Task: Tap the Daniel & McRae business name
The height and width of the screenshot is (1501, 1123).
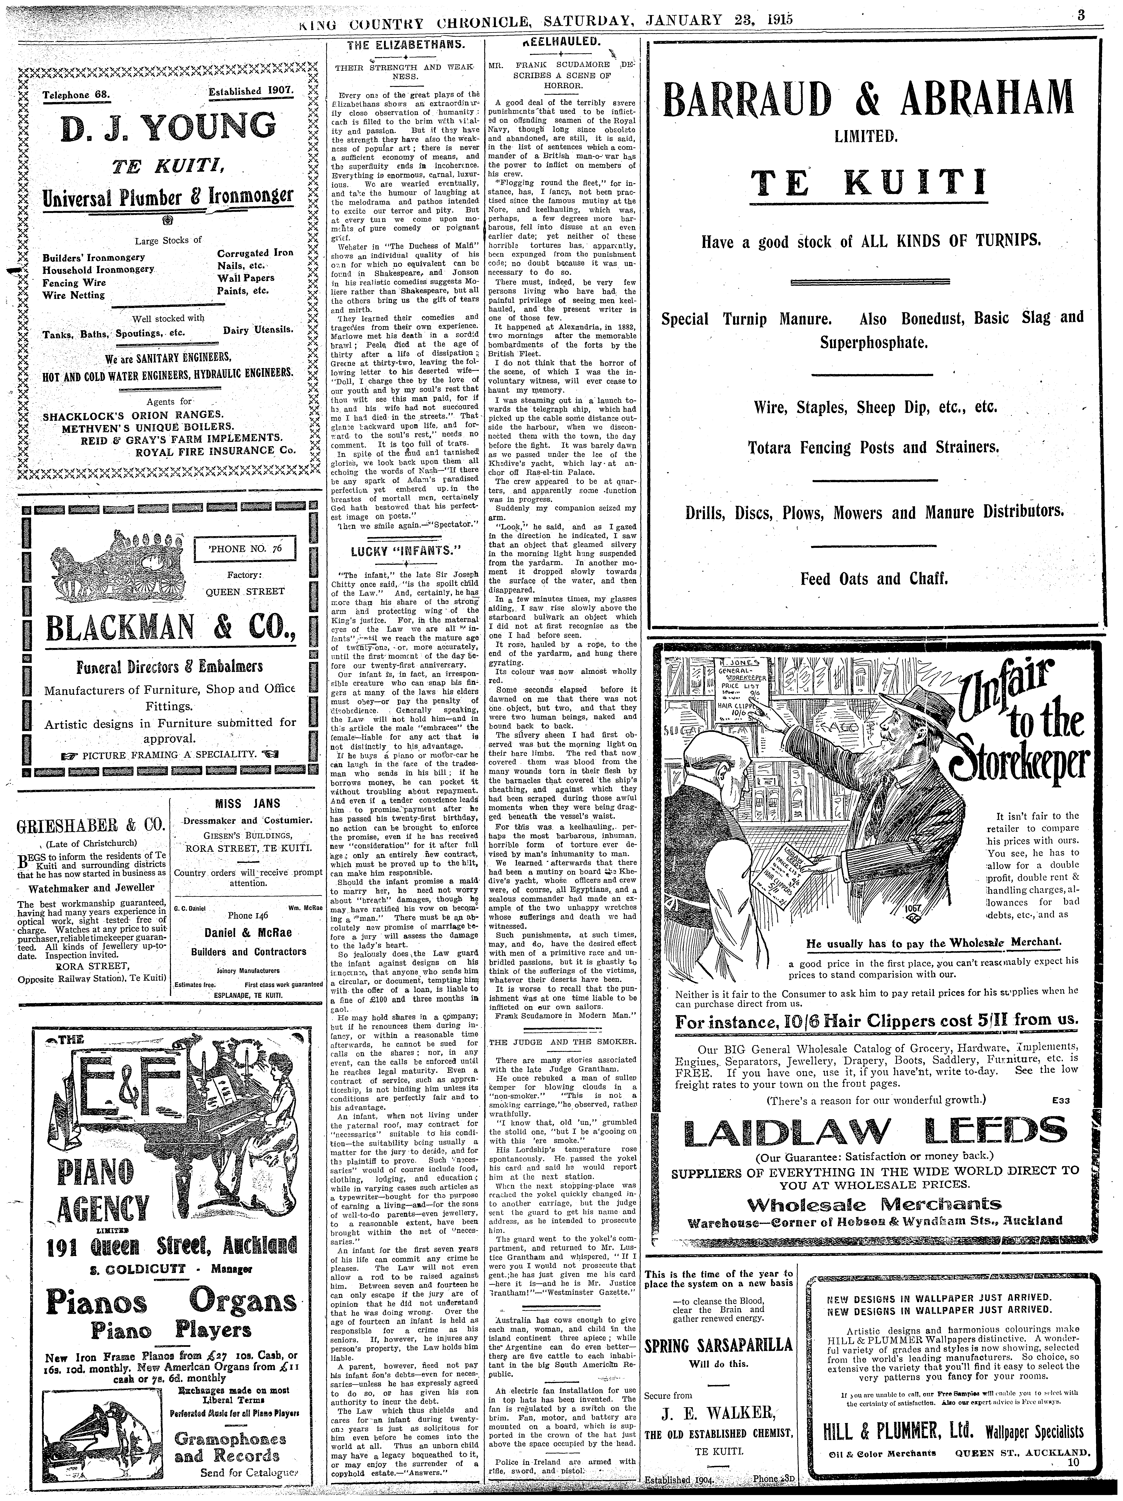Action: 248,932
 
